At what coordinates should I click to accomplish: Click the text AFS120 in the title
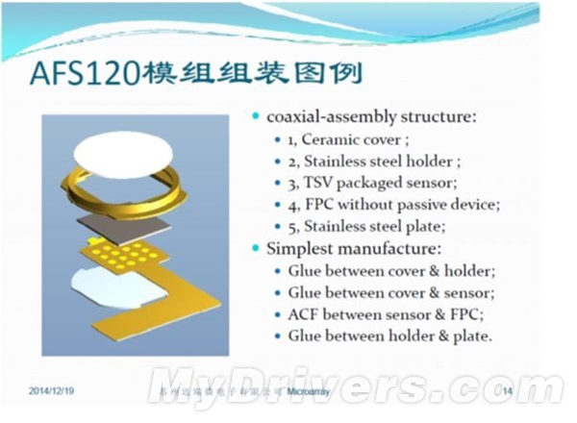pos(84,74)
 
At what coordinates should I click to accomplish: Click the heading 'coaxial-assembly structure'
pos(371,117)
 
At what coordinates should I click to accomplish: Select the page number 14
pos(508,391)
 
